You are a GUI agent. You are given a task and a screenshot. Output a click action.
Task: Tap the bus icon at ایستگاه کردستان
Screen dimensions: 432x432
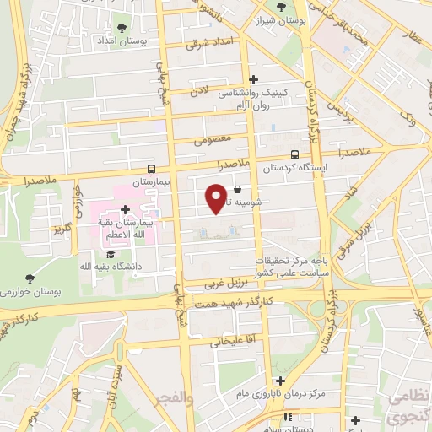tap(294, 154)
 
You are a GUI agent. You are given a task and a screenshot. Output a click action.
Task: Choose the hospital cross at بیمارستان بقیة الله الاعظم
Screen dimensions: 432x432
tap(125, 209)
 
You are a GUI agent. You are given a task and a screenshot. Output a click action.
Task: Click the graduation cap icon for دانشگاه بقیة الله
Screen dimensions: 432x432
tap(110, 253)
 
